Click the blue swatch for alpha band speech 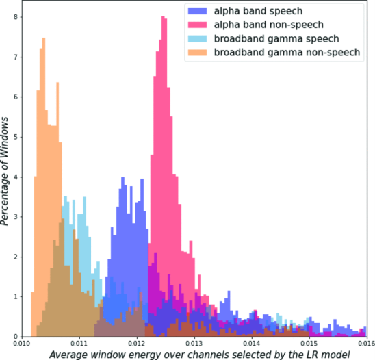coord(197,11)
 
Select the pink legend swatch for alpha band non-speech coord(197,25)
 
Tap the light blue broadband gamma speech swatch coord(197,39)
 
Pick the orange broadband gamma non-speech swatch coord(197,53)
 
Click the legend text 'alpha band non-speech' coord(268,25)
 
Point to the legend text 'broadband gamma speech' coord(276,39)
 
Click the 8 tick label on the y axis coord(16,17)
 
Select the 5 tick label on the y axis coord(16,137)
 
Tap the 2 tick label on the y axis coord(16,257)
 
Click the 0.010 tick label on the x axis coord(21,344)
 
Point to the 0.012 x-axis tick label coord(137,344)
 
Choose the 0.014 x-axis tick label coord(252,344)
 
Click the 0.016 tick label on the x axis coord(367,344)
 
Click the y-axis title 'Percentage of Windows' coord(5,171)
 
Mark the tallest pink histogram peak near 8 coord(164,16)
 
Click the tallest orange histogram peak coord(44,38)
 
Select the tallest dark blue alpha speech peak coord(122,177)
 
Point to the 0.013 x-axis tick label coord(194,344)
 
